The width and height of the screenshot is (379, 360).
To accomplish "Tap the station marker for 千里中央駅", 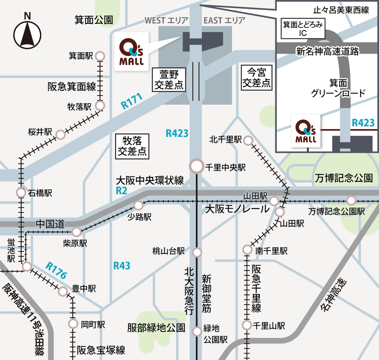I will pyautogui.click(x=197, y=166).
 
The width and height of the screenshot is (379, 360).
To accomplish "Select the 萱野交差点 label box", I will pyautogui.click(x=169, y=79).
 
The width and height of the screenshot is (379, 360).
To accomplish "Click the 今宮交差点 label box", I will pyautogui.click(x=256, y=77).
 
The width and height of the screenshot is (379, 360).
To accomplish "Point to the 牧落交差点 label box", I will pyautogui.click(x=131, y=146).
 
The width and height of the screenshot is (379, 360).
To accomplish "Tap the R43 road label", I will pyautogui.click(x=121, y=266).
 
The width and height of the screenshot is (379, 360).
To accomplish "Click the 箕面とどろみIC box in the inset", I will pyautogui.click(x=302, y=29).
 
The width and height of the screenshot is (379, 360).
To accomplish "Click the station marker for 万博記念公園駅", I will pyautogui.click(x=351, y=200).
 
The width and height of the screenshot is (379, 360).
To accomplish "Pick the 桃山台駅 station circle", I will pyautogui.click(x=197, y=253).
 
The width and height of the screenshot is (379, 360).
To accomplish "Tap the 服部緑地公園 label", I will pyautogui.click(x=156, y=327).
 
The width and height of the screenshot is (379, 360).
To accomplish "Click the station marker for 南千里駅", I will pyautogui.click(x=247, y=250).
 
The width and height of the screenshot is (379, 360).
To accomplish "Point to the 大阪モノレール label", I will pyautogui.click(x=237, y=209).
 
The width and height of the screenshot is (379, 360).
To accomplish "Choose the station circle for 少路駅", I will pyautogui.click(x=139, y=205).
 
